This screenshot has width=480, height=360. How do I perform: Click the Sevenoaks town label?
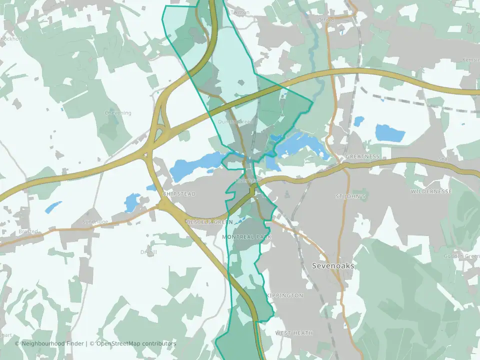pos(333,266)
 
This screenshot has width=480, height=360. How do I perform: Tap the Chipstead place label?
pos(178,194)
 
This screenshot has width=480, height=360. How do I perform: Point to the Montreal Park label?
pos(246,237)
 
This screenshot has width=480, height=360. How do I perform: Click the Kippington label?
pos(285,295)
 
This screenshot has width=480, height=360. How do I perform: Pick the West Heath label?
pos(294,333)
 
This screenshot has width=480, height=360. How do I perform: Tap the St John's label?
pos(350,197)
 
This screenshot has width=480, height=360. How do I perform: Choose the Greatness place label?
pos(362,156)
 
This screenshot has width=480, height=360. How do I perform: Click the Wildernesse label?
pos(431,191)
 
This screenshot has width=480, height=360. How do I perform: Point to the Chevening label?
pos(118,113)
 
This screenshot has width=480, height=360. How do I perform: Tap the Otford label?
pos(325,20)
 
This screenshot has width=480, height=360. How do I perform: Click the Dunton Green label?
pos(234,121)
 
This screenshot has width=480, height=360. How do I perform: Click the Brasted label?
pos(27,232)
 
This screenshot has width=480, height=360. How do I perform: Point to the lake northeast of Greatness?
pos(390,132)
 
